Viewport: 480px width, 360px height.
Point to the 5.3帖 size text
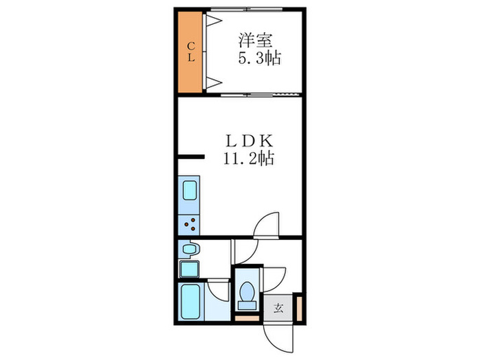point(259,58)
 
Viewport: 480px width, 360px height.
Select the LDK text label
point(248,141)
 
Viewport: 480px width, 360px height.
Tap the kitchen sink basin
point(189,190)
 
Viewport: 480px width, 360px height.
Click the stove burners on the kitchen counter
point(189,223)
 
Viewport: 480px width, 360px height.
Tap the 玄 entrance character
point(279,307)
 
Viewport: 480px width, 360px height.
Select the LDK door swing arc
point(266,224)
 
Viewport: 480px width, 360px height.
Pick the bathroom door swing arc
point(219,289)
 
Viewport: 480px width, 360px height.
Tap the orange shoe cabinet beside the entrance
point(298,307)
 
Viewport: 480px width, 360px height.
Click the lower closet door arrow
point(213,83)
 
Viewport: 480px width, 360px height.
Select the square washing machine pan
point(189,268)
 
